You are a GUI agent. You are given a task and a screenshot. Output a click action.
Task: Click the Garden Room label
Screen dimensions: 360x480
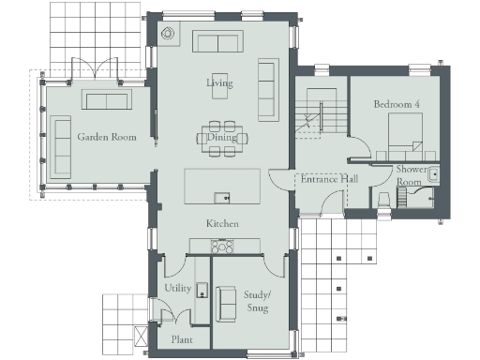[x=107, y=137]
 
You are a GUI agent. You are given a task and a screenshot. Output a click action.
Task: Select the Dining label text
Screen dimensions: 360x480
[x=222, y=138]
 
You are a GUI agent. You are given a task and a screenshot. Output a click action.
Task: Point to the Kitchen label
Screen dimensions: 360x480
[x=223, y=224]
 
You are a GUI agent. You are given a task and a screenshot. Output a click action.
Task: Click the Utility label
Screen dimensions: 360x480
[x=178, y=288]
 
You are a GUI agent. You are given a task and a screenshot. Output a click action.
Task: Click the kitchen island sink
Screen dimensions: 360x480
[x=221, y=197]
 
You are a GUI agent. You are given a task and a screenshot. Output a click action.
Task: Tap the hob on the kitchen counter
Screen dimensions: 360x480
[x=223, y=246]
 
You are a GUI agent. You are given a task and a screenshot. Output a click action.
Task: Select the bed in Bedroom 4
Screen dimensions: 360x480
[x=406, y=136]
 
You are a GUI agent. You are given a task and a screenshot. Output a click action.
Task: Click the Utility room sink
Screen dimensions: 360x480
[x=201, y=291]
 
